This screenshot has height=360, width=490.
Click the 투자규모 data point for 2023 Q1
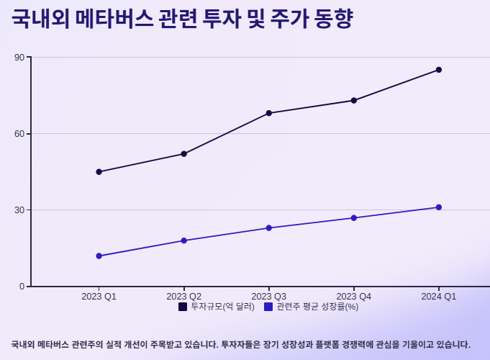pyautogui.click(x=99, y=172)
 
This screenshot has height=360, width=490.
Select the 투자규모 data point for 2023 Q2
pyautogui.click(x=184, y=154)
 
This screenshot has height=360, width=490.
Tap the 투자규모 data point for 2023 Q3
pyautogui.click(x=269, y=113)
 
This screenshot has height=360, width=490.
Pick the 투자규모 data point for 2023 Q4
pyautogui.click(x=354, y=100)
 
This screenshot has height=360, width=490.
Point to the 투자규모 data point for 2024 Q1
pyautogui.click(x=439, y=70)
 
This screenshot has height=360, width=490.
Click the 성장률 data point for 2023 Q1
pyautogui.click(x=99, y=256)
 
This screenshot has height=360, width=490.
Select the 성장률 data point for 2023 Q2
pyautogui.click(x=184, y=240)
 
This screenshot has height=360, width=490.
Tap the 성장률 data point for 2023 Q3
pyautogui.click(x=269, y=228)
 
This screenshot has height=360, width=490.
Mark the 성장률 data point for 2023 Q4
pyautogui.click(x=354, y=218)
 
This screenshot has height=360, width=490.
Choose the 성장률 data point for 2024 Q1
pyautogui.click(x=439, y=207)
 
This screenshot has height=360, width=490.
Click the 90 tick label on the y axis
pyautogui.click(x=20, y=58)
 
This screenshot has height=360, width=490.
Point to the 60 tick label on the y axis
pyautogui.click(x=20, y=134)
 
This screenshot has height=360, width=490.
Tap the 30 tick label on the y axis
pyautogui.click(x=20, y=210)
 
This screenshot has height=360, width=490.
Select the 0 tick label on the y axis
pyautogui.click(x=22, y=287)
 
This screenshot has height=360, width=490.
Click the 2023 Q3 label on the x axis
pyautogui.click(x=269, y=297)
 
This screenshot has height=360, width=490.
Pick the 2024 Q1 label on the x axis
pyautogui.click(x=439, y=297)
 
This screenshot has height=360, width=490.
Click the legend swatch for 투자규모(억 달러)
pyautogui.click(x=183, y=307)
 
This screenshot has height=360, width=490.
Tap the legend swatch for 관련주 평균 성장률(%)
pyautogui.click(x=268, y=307)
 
